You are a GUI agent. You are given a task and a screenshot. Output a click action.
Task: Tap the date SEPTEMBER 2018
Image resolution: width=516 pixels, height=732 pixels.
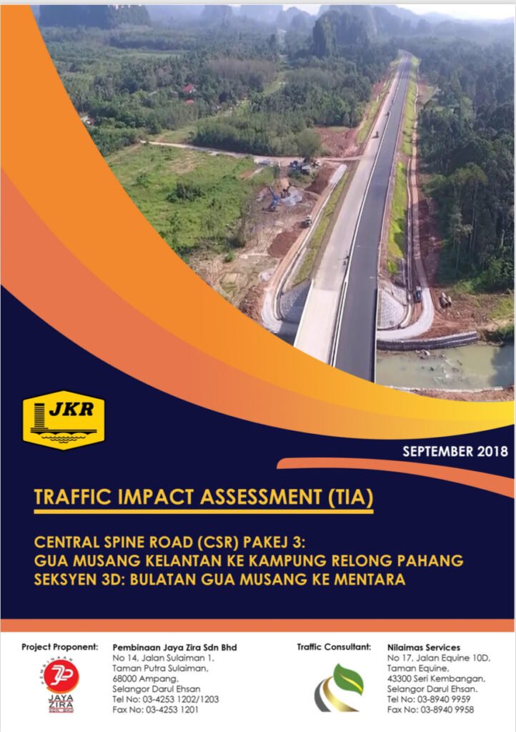coord(455,452)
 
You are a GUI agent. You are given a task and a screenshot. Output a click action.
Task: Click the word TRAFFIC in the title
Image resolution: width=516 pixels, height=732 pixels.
coord(73,498)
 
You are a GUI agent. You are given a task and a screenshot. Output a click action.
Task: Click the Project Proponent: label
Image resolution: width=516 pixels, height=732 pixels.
coord(60,647)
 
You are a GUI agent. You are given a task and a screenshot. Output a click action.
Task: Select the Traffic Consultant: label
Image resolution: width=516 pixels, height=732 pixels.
coord(334,647)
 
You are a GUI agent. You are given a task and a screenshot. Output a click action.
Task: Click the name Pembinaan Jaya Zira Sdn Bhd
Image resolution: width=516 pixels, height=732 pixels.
coord(174,648)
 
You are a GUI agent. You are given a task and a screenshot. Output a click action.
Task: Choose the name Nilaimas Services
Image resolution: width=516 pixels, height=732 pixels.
coord(424,648)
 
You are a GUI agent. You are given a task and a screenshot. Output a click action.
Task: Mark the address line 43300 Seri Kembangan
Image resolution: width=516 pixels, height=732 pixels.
coord(436,679)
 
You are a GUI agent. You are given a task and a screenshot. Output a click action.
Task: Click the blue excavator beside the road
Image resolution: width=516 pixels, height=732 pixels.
coord(274,199)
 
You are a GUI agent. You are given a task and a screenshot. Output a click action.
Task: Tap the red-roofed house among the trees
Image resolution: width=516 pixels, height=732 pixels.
coord(188,89)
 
